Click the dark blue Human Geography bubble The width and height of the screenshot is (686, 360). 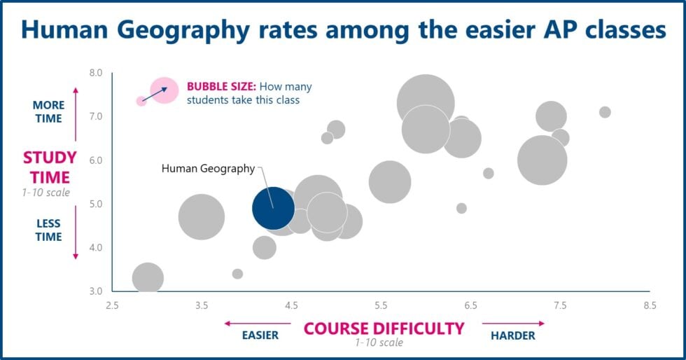pos(273,208)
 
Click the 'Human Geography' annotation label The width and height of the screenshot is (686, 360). pos(208,168)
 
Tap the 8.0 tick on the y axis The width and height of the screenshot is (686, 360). pos(96,73)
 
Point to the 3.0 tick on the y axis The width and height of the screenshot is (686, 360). pos(96,291)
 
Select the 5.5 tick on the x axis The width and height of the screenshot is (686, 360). pos(381,305)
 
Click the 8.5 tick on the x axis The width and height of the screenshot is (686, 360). pos(650,305)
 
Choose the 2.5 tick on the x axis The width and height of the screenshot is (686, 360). pos(112,305)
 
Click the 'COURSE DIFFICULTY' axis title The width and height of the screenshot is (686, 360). pos(384,328)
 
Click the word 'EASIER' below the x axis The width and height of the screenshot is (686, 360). pos(260,335)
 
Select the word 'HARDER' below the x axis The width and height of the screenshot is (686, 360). pos(512,335)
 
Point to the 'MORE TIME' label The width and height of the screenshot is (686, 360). pos(48,111)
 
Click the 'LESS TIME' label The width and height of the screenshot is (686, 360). pos(48,230)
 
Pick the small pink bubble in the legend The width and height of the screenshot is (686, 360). pos(141,101)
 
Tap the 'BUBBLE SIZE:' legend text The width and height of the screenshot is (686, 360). pos(220,87)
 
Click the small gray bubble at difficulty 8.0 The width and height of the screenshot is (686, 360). pos(605,112)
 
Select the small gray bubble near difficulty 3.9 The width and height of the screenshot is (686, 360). pos(237,274)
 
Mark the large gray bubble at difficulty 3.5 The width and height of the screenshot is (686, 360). pos(202,216)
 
